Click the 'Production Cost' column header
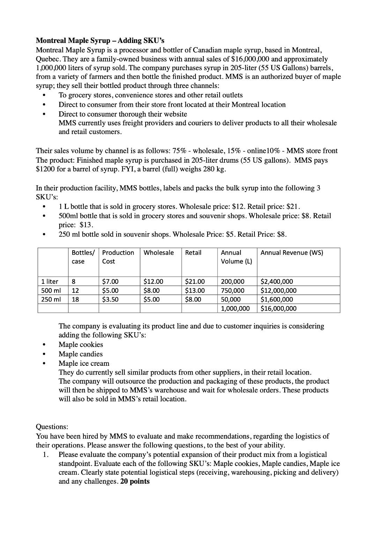pyautogui.click(x=118, y=257)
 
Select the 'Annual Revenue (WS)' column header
pyautogui.click(x=291, y=253)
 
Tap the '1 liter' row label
pyautogui.click(x=50, y=281)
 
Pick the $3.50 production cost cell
pyautogui.click(x=110, y=299)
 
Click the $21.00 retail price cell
pyautogui.click(x=194, y=281)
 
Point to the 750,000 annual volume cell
pyautogui.click(x=233, y=290)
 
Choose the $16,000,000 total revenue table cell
pyautogui.click(x=279, y=309)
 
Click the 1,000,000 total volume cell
pyautogui.click(x=235, y=309)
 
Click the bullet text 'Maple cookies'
pyautogui.click(x=81, y=345)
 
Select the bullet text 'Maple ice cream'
pyautogui.click(x=84, y=363)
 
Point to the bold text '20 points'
pyautogui.click(x=135, y=481)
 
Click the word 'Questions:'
pyautogui.click(x=52, y=427)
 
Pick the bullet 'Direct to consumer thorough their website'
pyautogui.click(x=123, y=114)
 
